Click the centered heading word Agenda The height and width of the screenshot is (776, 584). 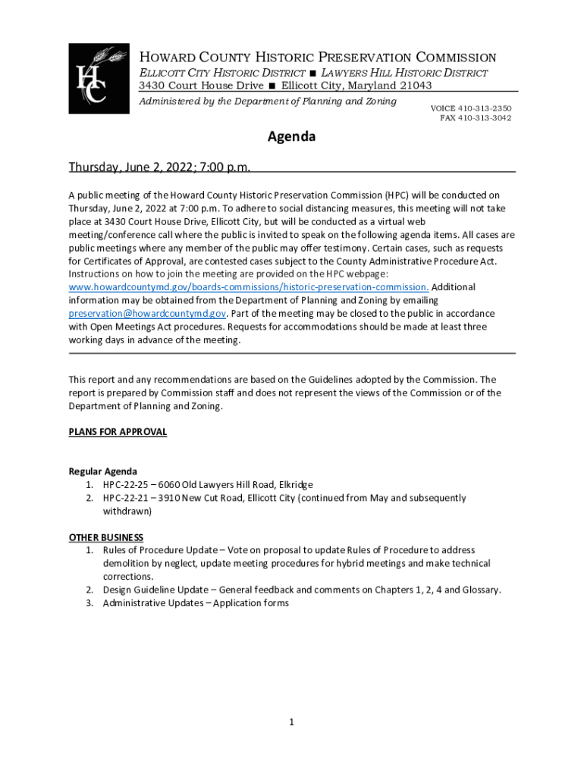coord(291,137)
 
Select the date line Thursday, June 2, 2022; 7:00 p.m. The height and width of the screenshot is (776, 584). coord(159,167)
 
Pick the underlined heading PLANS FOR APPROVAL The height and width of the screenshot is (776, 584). coord(118,432)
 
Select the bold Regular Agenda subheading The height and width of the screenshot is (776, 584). coord(103,471)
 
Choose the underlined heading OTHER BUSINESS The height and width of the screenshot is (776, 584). coord(106,537)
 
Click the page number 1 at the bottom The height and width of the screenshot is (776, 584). coord(291,722)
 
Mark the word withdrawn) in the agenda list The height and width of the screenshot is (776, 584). coord(127,511)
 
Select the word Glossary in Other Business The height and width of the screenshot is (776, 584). coord(479,590)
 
